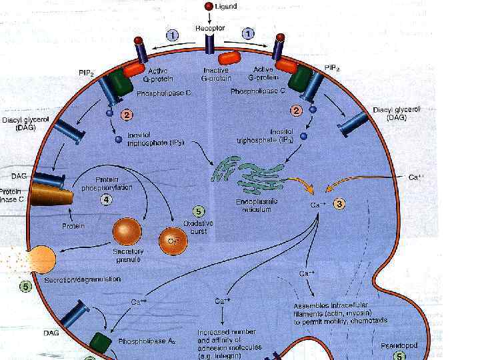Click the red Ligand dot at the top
(209, 6)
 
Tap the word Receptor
(209, 29)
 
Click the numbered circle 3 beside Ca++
(339, 204)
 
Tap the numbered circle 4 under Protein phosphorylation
(106, 198)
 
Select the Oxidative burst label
(198, 227)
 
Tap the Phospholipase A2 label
(147, 341)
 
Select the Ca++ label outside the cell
(415, 177)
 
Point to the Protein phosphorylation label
(117, 184)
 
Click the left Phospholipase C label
(163, 94)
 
